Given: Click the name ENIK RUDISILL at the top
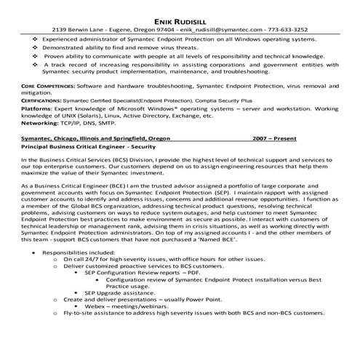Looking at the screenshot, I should pos(180,11).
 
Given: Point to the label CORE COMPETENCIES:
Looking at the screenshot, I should pos(49,85).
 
